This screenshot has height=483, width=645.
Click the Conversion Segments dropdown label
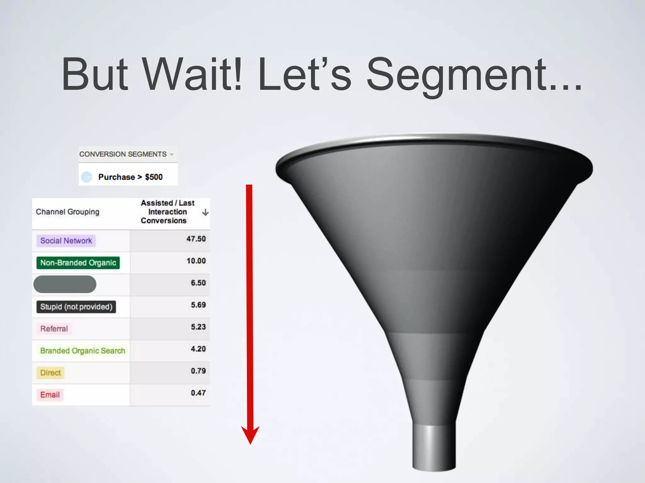click(x=123, y=154)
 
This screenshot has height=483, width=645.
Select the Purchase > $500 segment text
click(x=130, y=177)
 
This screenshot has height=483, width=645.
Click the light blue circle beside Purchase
click(x=87, y=177)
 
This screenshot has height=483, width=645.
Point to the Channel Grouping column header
click(x=67, y=212)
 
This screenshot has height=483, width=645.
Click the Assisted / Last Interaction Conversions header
click(x=167, y=212)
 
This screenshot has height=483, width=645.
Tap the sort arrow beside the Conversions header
click(x=205, y=212)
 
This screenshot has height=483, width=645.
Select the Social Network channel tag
click(x=66, y=241)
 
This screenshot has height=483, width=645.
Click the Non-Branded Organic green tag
click(x=78, y=263)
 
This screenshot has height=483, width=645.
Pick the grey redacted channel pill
click(x=65, y=284)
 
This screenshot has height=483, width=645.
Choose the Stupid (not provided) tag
click(x=76, y=307)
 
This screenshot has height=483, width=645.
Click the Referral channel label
click(x=54, y=329)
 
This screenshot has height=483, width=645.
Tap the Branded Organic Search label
click(x=83, y=351)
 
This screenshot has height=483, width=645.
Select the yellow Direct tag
click(x=50, y=373)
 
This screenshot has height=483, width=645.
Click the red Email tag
click(x=50, y=395)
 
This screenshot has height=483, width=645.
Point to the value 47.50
click(x=196, y=239)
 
